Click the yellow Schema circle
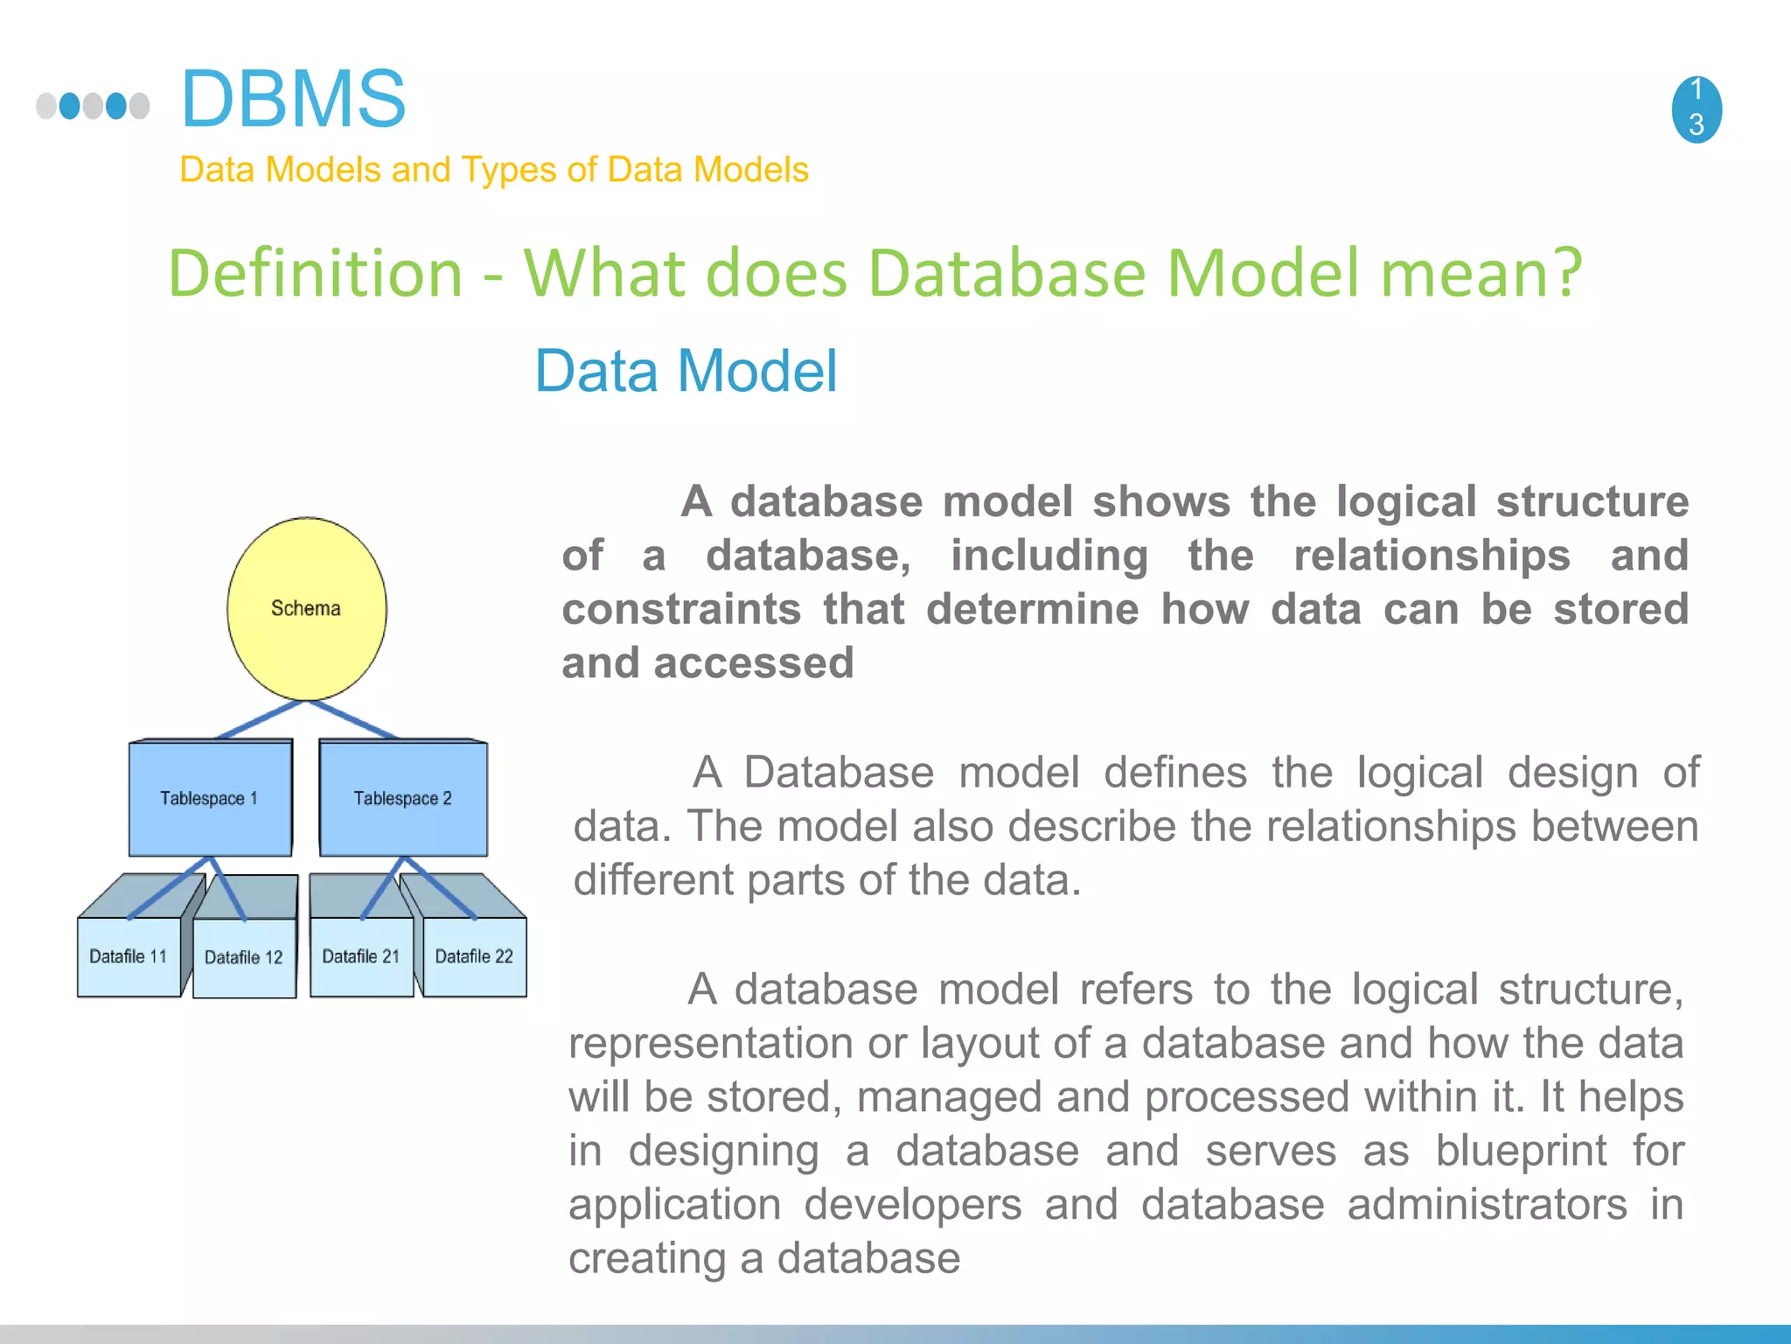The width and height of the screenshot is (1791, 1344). tap(306, 608)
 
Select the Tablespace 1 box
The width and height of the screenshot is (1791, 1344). tap(210, 798)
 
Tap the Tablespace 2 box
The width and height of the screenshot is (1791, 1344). tap(402, 798)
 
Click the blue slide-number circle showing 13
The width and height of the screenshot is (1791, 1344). tap(1697, 108)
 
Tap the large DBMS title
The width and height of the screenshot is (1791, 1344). tap(293, 99)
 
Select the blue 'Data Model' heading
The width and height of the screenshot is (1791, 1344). tap(686, 371)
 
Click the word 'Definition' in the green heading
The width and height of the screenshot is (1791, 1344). tap(315, 273)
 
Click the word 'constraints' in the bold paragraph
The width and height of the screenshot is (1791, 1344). tap(681, 609)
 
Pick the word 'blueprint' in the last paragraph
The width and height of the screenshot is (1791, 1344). tap(1521, 1151)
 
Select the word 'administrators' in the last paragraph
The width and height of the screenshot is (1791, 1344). tap(1487, 1205)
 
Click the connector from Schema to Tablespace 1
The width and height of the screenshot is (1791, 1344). tap(260, 720)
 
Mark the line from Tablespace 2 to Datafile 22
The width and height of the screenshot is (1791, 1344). tap(440, 889)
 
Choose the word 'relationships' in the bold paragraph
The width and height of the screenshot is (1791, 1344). tap(1432, 556)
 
